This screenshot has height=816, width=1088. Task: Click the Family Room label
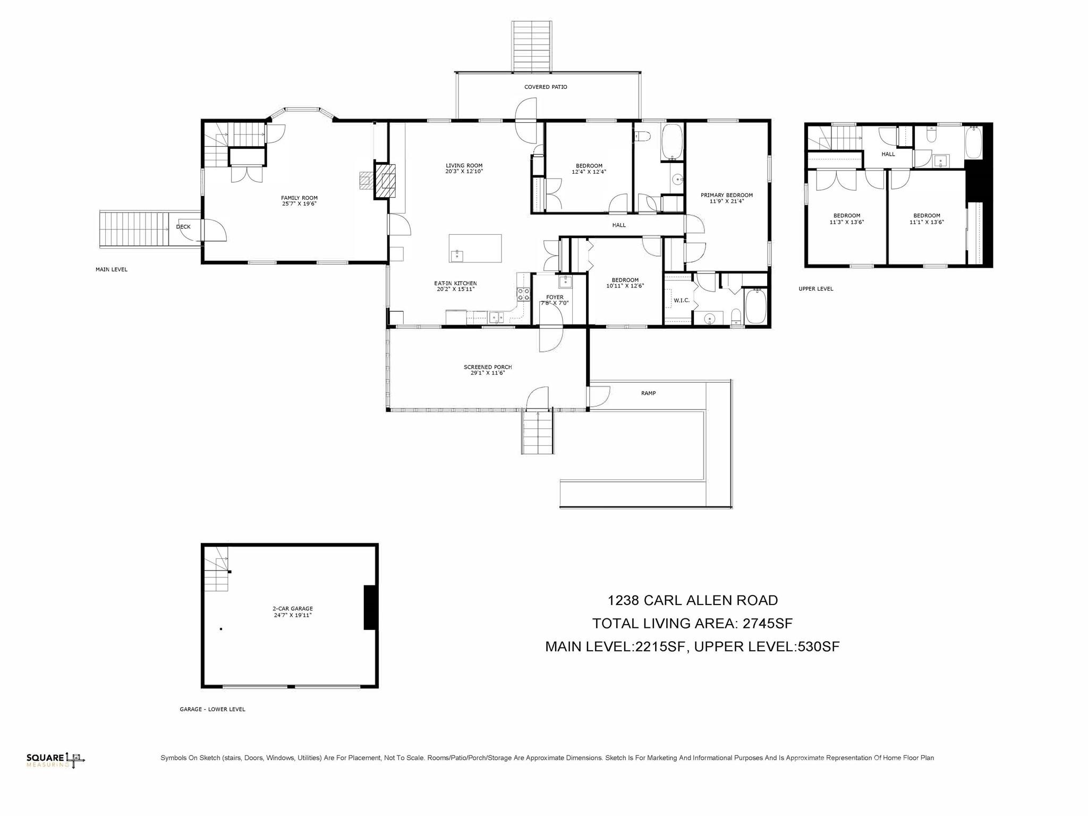pyautogui.click(x=299, y=198)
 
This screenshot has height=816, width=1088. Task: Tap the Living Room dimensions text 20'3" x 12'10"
pyautogui.click(x=464, y=172)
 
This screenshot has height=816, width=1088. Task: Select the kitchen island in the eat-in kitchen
pyautogui.click(x=475, y=248)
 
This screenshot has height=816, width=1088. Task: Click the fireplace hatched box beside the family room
pyautogui.click(x=385, y=181)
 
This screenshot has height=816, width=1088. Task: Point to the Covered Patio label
pyautogui.click(x=546, y=87)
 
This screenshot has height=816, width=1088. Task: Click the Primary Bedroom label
pyautogui.click(x=726, y=195)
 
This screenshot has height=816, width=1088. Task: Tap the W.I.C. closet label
pyautogui.click(x=681, y=301)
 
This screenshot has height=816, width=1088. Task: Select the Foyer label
pyautogui.click(x=555, y=297)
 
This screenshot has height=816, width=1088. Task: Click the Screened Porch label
pyautogui.click(x=488, y=367)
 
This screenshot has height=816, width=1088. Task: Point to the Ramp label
pyautogui.click(x=648, y=394)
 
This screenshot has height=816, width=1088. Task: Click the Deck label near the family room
pyautogui.click(x=183, y=227)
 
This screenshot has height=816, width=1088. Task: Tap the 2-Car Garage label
pyautogui.click(x=293, y=609)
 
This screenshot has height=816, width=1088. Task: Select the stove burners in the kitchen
pyautogui.click(x=523, y=294)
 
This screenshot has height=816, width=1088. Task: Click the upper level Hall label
pyautogui.click(x=888, y=155)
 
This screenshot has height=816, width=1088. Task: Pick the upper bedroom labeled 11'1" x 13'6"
pyautogui.click(x=926, y=219)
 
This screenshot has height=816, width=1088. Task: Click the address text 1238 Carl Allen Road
pyautogui.click(x=692, y=600)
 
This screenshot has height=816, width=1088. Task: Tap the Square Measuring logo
pyautogui.click(x=55, y=760)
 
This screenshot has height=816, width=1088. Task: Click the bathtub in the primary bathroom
pyautogui.click(x=755, y=307)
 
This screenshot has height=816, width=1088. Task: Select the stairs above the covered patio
pyautogui.click(x=531, y=46)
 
